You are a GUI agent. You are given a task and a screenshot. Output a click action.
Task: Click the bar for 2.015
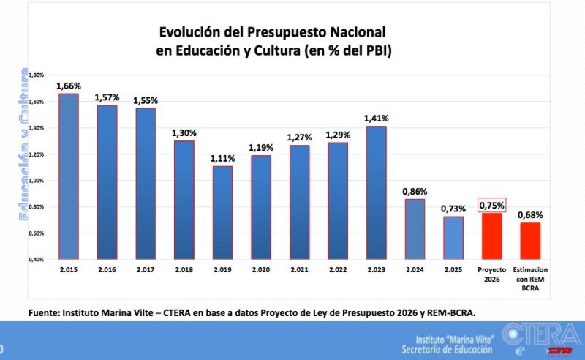(68, 176)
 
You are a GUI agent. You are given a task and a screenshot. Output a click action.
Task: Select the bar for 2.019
(222, 212)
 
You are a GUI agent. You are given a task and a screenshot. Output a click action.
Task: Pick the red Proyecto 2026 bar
(491, 236)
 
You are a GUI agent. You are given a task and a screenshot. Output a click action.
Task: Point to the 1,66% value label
(68, 86)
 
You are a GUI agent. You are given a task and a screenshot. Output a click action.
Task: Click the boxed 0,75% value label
(491, 206)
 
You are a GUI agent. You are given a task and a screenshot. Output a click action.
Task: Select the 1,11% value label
(222, 159)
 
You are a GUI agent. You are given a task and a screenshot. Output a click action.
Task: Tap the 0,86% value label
(415, 192)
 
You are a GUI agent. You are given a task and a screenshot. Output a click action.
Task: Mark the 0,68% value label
(530, 215)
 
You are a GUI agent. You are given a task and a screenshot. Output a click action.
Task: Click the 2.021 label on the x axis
(300, 270)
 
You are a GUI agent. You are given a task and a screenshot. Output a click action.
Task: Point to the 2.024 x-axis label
(415, 270)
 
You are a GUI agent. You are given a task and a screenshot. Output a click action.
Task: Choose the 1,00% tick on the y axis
(36, 181)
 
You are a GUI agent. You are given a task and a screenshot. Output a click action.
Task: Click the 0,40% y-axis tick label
(36, 260)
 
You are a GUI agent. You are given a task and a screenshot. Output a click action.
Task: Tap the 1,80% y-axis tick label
(36, 75)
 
